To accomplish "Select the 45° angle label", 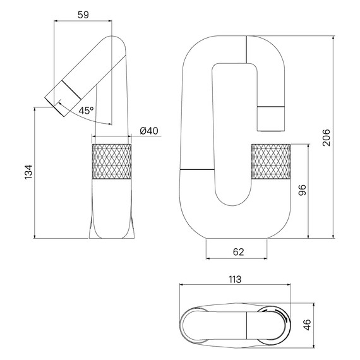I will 87,110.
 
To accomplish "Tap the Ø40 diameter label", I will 148,131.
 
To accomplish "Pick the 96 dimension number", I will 302,191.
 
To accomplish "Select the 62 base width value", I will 237,252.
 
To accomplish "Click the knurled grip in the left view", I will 112,161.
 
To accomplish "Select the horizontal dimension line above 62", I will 237,259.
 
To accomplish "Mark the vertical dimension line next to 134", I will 35,173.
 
